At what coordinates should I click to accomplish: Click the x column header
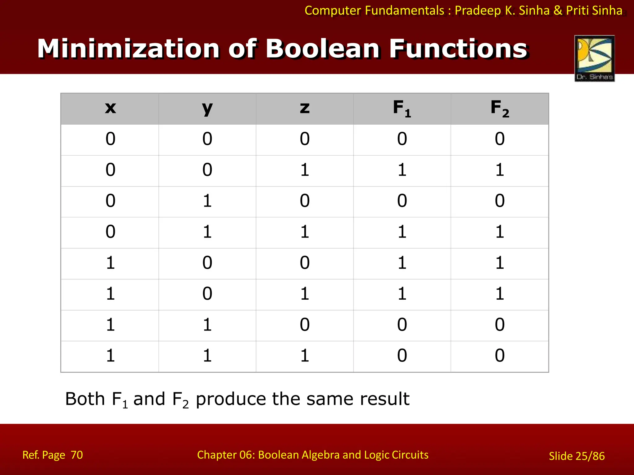110,108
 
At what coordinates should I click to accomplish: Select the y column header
207,108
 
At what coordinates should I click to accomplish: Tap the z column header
305,108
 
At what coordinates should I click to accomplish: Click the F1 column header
402,108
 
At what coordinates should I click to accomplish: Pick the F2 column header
500,108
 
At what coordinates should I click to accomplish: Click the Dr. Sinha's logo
594,58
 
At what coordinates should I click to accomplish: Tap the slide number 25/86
590,456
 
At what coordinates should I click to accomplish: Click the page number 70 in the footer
77,455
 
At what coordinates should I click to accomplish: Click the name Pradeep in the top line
478,11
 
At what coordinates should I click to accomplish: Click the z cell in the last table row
305,356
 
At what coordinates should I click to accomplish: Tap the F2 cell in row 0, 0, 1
500,170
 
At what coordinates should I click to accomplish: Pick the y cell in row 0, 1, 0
207,201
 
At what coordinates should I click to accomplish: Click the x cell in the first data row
110,139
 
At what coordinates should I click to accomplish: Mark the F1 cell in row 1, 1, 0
402,325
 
